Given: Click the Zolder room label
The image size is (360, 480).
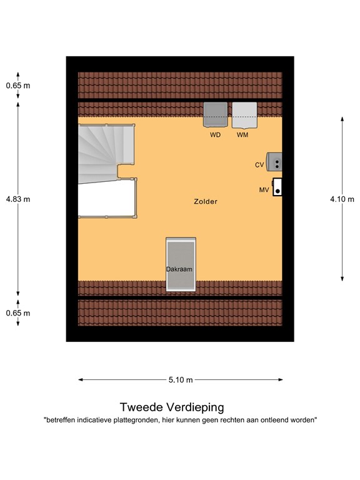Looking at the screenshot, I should [206, 202].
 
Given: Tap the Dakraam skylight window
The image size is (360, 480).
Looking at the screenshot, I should [181, 265].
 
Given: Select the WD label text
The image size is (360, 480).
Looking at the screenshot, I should [215, 135].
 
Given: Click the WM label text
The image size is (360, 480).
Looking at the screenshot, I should [242, 135].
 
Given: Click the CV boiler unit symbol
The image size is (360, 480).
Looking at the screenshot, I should [274, 162].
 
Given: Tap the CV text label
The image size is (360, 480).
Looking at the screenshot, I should [259, 165].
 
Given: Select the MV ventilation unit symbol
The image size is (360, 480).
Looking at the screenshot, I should [277, 187].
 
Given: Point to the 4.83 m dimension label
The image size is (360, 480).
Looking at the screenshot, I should [17, 199].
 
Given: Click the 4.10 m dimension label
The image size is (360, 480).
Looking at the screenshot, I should [342, 199].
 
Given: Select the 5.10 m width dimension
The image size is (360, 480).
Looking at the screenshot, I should [181, 379].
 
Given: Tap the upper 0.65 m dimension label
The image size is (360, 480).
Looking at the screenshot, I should [17, 86].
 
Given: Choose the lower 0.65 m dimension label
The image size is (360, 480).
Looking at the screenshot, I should [17, 313].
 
